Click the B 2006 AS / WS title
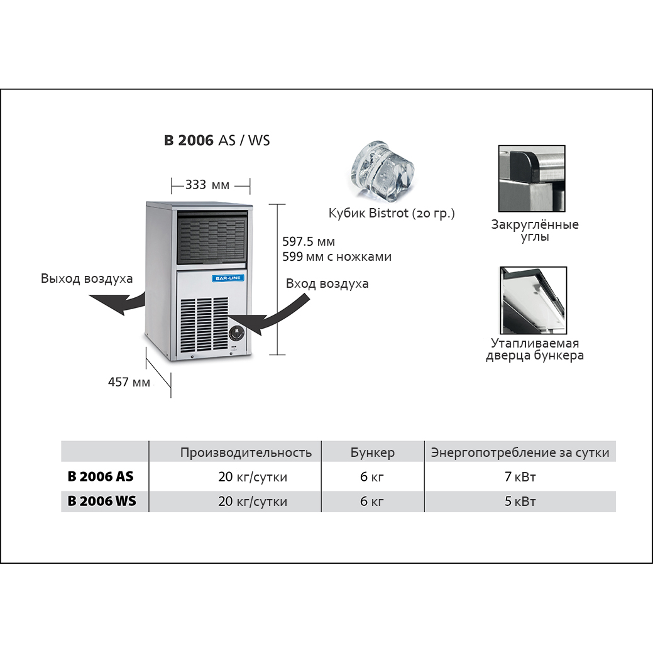click(x=217, y=141)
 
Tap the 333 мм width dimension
click(x=207, y=185)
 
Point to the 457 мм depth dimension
click(x=129, y=381)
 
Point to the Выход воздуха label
click(x=87, y=278)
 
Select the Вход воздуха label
click(x=327, y=283)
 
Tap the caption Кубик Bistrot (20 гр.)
click(x=392, y=214)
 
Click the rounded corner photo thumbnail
click(x=532, y=178)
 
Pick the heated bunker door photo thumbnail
click(x=533, y=300)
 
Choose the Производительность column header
click(x=246, y=453)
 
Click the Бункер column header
click(x=372, y=453)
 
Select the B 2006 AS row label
click(x=101, y=477)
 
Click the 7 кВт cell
click(x=520, y=477)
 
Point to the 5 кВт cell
click(x=520, y=502)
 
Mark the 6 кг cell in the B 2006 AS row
click(x=372, y=477)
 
